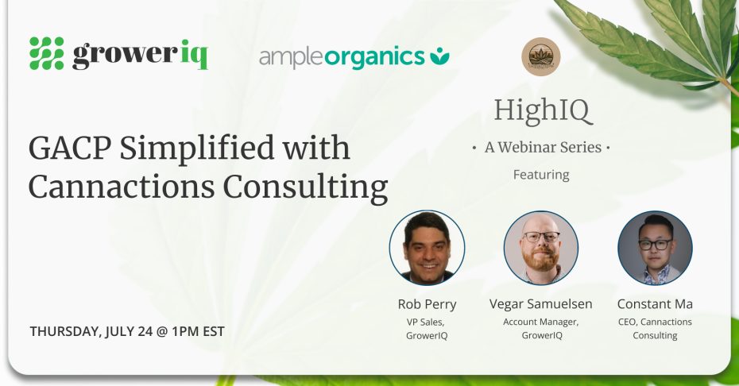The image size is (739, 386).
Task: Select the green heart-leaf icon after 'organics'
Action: click(x=439, y=56)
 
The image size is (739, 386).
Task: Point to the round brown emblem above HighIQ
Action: click(x=541, y=57)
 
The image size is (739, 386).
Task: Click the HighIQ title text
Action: click(x=542, y=110)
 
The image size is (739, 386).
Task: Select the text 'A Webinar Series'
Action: click(x=541, y=147)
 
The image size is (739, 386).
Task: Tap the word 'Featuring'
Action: click(x=541, y=174)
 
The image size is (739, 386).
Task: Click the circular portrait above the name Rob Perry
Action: click(x=427, y=248)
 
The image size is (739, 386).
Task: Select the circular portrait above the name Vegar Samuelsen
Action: click(x=541, y=248)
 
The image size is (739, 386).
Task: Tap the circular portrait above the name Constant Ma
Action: click(x=655, y=248)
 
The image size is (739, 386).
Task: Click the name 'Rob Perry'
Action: click(x=427, y=304)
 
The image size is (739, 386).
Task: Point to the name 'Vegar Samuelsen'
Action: click(x=541, y=304)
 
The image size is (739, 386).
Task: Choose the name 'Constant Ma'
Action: click(x=655, y=304)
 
